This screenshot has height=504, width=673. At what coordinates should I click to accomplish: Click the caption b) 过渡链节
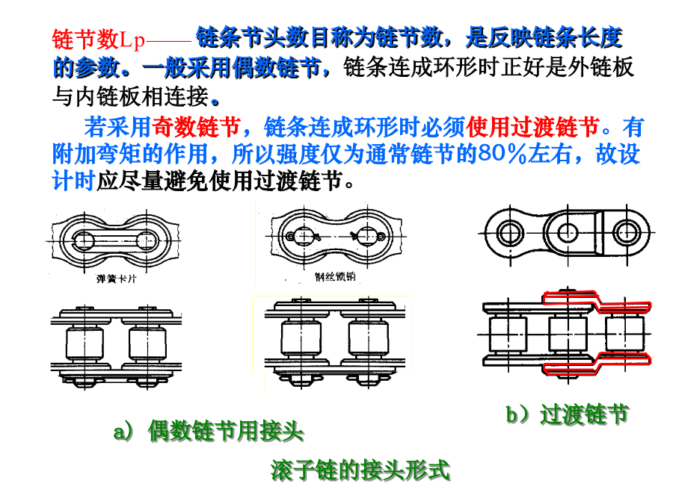click(567, 414)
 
